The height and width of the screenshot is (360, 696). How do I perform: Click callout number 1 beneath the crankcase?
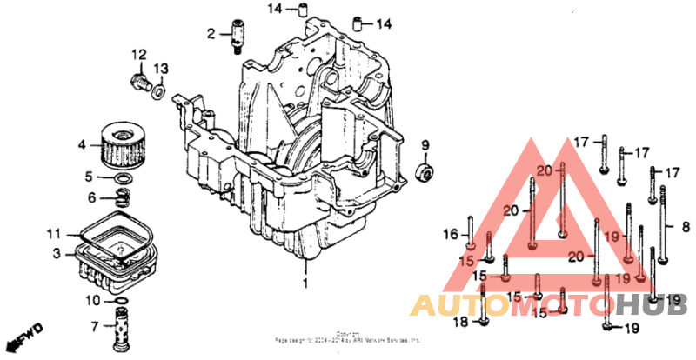304,283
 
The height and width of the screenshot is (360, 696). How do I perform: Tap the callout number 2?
211,34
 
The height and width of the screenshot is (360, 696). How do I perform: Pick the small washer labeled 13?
159,90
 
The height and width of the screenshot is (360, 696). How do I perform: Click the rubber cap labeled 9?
426,170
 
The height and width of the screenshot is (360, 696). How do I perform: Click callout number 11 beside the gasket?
54,234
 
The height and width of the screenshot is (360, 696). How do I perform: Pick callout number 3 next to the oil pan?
56,254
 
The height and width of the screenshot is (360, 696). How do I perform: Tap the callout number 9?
426,144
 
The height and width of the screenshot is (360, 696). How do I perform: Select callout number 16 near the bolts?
449,234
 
